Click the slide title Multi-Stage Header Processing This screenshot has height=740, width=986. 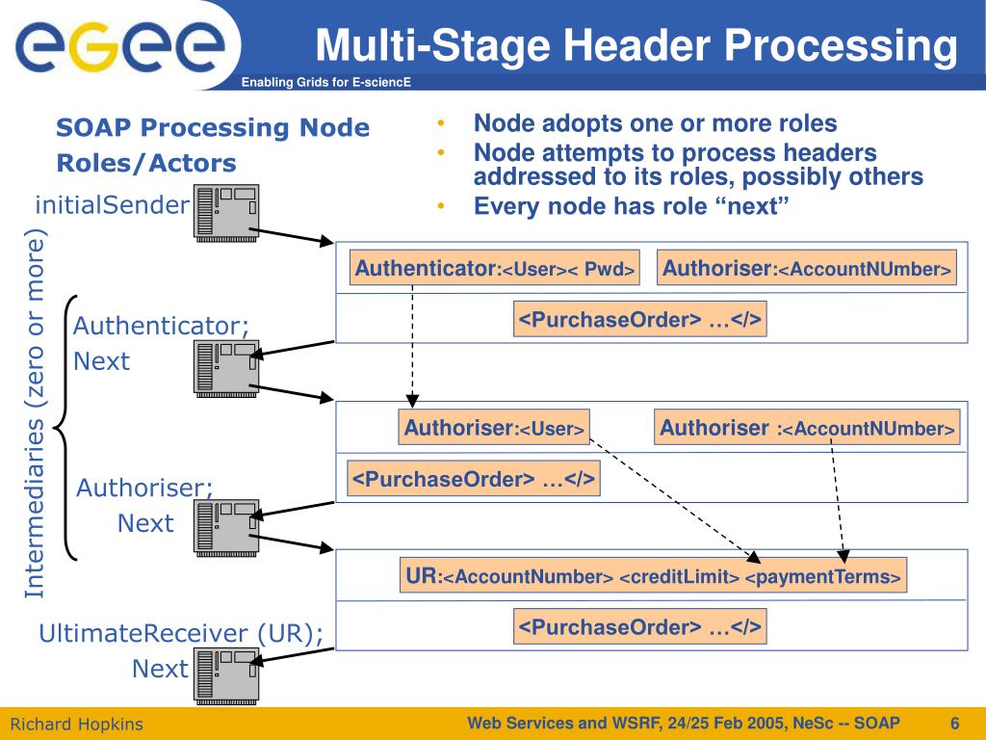[x=637, y=46]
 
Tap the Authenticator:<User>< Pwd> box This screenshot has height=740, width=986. [x=496, y=269]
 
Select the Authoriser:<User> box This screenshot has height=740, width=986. [x=494, y=428]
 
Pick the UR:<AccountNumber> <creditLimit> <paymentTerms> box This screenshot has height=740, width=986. [x=654, y=576]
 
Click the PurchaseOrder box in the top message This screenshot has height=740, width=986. [x=640, y=320]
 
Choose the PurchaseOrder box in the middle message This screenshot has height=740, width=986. [x=473, y=479]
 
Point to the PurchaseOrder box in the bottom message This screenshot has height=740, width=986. [x=640, y=628]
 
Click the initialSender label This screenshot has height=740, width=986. [x=112, y=204]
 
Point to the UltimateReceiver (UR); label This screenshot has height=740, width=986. [x=181, y=633]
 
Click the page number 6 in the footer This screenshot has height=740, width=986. [x=954, y=724]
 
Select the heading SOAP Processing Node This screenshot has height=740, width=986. [x=213, y=128]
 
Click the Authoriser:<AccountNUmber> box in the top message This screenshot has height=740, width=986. [x=807, y=269]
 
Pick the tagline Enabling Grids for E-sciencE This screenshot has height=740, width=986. [x=326, y=82]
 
